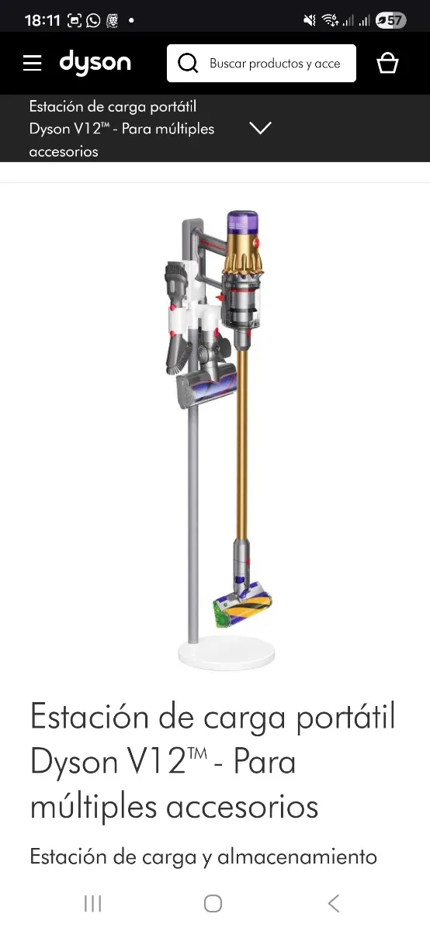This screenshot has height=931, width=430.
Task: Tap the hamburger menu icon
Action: pos(32,63)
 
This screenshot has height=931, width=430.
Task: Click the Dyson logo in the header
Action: pos(95,63)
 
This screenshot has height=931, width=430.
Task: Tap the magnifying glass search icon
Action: pos(188,64)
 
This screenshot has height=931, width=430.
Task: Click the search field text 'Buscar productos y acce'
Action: pos(275,64)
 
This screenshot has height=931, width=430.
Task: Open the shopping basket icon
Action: pos(387,63)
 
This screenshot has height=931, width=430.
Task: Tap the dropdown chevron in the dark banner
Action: pos(260,127)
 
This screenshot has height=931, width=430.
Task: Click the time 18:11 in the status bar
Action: pos(43,20)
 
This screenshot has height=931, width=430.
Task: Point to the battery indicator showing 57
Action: pos(390,20)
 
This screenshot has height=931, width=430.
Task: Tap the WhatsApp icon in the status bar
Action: pos(93,20)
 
